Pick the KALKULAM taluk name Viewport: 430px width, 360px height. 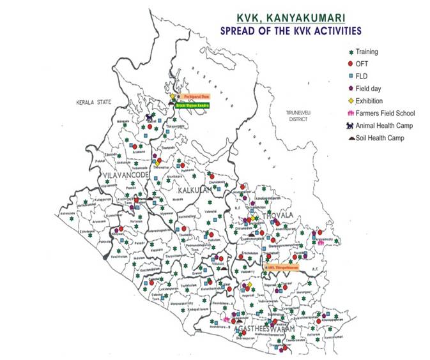(x=196, y=190)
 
